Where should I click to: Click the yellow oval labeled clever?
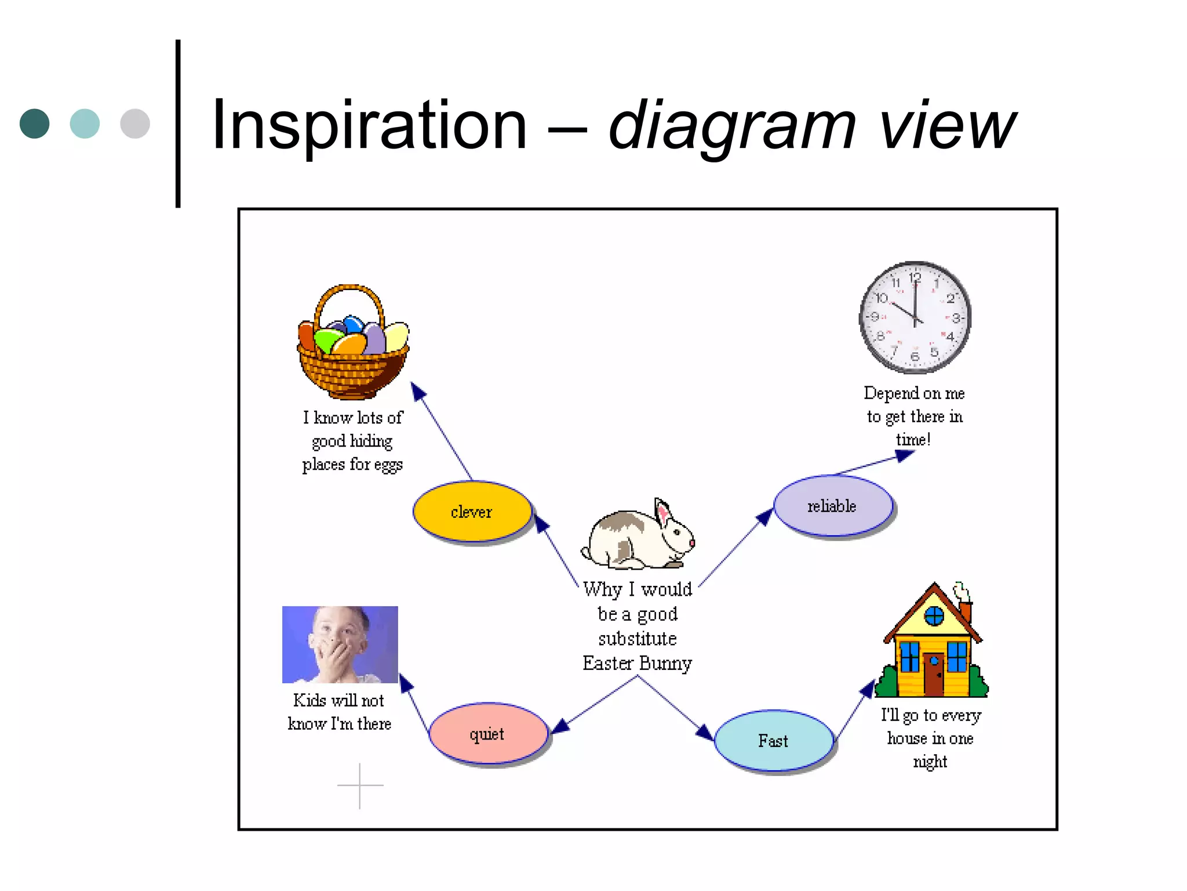(472, 512)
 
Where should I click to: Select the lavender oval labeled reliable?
(833, 506)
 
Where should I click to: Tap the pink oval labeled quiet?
(488, 734)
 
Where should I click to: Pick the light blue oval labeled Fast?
(773, 741)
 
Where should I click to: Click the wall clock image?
(915, 317)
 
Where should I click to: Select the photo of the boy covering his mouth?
(340, 644)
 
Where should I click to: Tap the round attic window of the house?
(934, 615)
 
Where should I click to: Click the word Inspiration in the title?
(369, 125)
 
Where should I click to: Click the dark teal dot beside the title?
(35, 124)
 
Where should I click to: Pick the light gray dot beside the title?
(135, 124)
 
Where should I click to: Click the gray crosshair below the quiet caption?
(360, 785)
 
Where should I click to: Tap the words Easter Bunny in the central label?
(637, 663)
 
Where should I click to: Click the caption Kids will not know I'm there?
(340, 712)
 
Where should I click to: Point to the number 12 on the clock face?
(915, 277)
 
